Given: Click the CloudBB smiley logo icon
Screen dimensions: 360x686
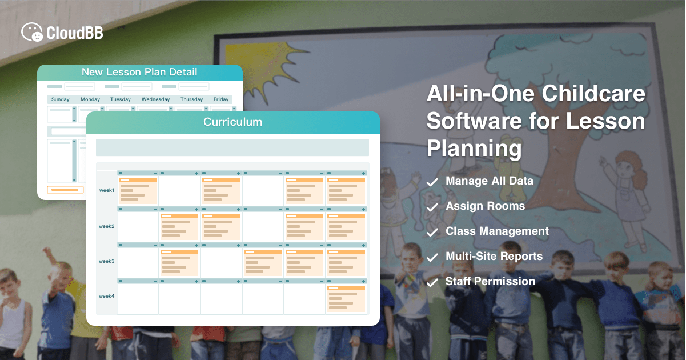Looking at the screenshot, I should [32, 32].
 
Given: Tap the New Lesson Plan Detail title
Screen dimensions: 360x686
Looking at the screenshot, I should [139, 72].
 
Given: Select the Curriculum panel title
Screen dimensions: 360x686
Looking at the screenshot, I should [233, 122].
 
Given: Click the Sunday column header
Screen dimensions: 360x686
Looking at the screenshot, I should [61, 99].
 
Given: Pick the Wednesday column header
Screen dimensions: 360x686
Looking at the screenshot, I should [156, 99].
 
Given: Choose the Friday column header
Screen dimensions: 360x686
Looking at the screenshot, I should [221, 99].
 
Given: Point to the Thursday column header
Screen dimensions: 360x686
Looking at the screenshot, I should [191, 99].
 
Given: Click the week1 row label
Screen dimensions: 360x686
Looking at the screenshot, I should [107, 190].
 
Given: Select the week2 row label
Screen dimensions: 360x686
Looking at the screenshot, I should [107, 226].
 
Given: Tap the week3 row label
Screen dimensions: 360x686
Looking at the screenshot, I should [107, 261].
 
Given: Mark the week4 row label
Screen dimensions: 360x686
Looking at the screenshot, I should [107, 296].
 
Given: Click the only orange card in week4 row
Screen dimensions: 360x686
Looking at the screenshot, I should [346, 299].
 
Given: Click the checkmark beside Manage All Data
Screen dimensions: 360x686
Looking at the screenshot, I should [434, 182].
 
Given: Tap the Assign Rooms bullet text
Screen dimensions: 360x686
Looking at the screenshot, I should [485, 206].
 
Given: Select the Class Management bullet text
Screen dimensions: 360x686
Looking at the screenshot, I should [497, 231].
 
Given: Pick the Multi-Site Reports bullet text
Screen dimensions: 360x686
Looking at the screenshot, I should [494, 257].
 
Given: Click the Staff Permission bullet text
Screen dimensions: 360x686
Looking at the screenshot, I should [490, 282].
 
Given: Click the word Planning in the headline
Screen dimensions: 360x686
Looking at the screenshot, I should [474, 149].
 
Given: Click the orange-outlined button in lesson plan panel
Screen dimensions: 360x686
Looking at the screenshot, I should [65, 190].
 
